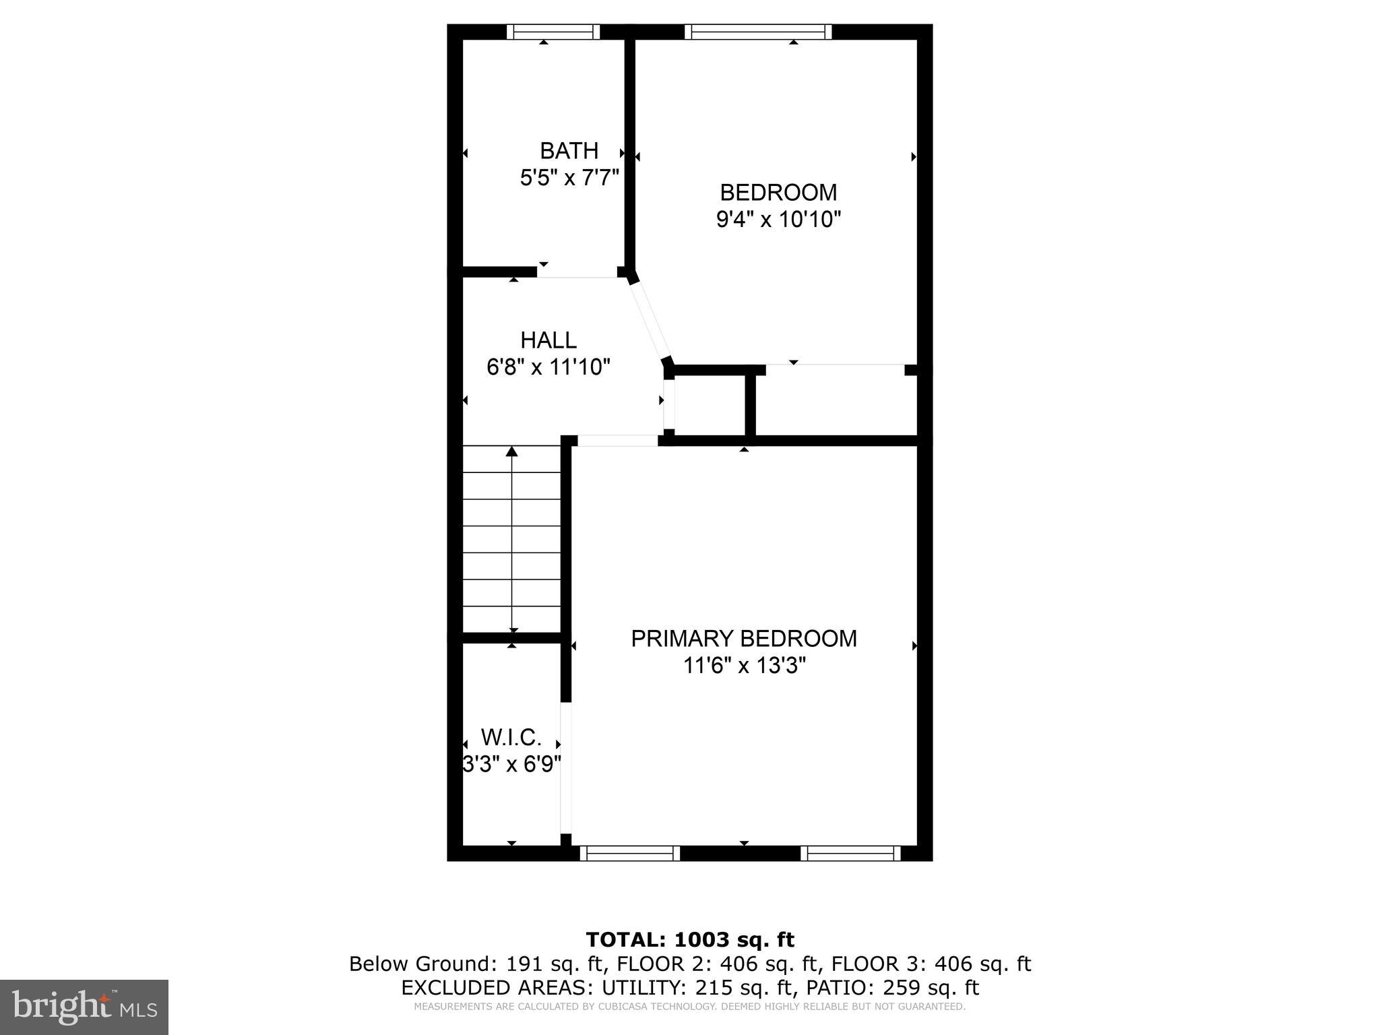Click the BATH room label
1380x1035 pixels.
click(x=569, y=150)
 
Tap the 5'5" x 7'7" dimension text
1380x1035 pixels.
click(x=569, y=178)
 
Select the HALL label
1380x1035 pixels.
click(x=548, y=340)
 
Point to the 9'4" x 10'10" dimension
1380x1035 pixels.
click(x=778, y=220)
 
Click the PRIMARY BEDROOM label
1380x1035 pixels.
click(x=744, y=639)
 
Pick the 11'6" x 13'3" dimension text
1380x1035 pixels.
click(x=745, y=666)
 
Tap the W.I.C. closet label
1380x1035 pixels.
click(x=511, y=738)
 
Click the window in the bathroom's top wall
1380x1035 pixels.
click(x=553, y=32)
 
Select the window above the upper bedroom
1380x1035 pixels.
click(x=758, y=32)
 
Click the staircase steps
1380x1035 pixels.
click(x=512, y=539)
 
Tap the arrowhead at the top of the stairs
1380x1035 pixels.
click(x=512, y=451)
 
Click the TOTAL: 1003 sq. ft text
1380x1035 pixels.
click(x=690, y=939)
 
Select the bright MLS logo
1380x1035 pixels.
click(x=84, y=1007)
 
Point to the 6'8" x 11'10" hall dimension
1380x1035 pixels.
click(x=548, y=367)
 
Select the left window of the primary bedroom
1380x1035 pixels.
click(x=629, y=853)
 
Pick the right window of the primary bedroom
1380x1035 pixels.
click(x=850, y=853)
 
